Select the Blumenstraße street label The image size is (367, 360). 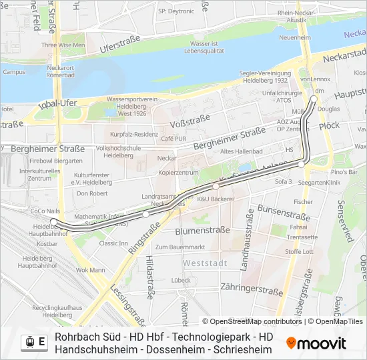(203, 231)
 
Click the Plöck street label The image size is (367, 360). (329, 125)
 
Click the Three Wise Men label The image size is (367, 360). (63, 45)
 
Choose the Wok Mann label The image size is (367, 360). (90, 270)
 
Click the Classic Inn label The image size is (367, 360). (113, 243)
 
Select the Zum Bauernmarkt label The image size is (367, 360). (179, 247)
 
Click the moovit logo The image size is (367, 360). (316, 343)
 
